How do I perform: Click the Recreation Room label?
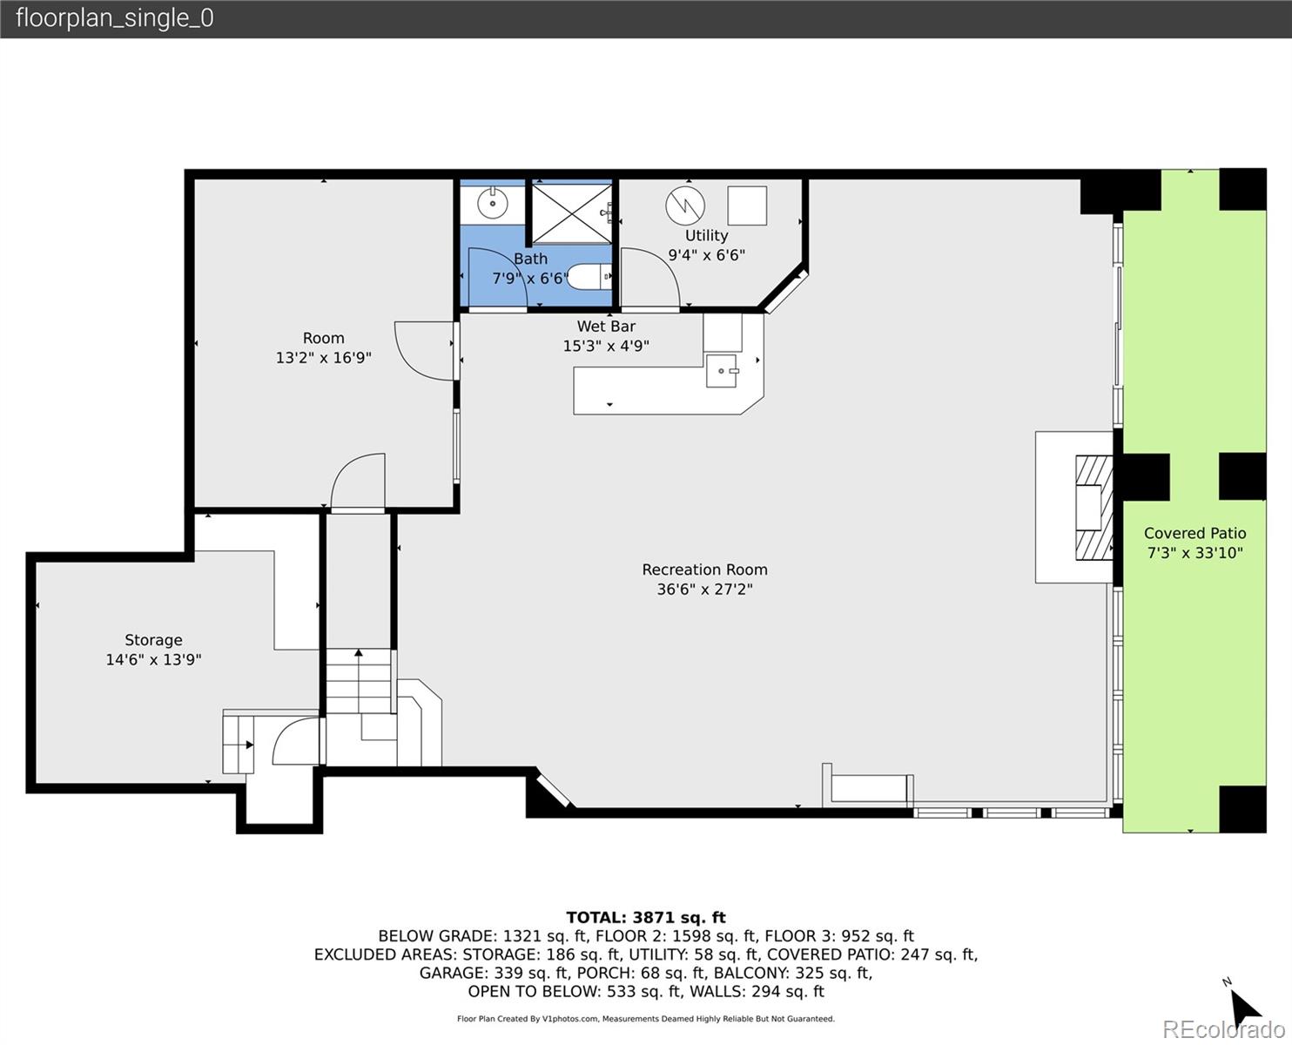tap(704, 570)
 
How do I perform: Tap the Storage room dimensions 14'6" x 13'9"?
tap(153, 660)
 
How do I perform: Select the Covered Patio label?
tap(1194, 533)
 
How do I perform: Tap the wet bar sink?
tap(722, 370)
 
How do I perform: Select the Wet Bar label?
tap(606, 327)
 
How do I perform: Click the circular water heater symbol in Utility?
tap(685, 205)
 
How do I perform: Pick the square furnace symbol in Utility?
tap(747, 206)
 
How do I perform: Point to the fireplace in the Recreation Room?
tap(1093, 508)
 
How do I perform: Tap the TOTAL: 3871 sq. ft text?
tap(645, 917)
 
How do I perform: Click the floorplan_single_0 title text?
tap(114, 18)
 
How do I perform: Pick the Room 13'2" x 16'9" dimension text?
tap(323, 358)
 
